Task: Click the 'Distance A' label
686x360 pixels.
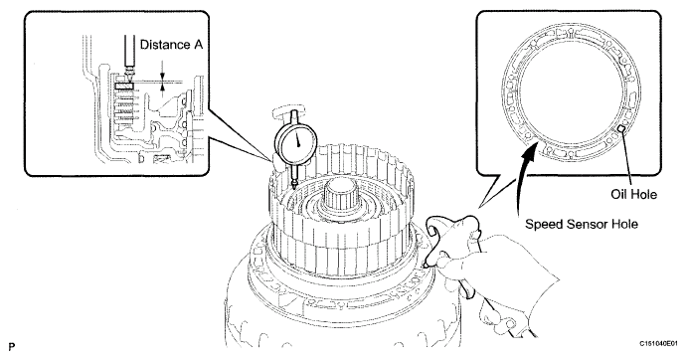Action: pyautogui.click(x=171, y=45)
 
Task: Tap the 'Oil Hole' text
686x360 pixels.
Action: pyautogui.click(x=634, y=194)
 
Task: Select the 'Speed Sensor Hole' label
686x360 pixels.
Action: pyautogui.click(x=582, y=225)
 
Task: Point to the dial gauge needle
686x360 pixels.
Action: pyautogui.click(x=298, y=138)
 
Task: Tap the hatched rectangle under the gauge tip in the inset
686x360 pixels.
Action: pyautogui.click(x=124, y=87)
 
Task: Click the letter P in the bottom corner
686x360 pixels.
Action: pyautogui.click(x=11, y=347)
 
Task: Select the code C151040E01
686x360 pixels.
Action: pyautogui.click(x=658, y=344)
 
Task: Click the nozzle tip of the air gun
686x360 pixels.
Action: pyautogui.click(x=426, y=266)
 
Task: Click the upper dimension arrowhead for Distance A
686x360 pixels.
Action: pyautogui.click(x=163, y=78)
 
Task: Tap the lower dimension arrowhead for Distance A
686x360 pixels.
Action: pyautogui.click(x=163, y=88)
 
